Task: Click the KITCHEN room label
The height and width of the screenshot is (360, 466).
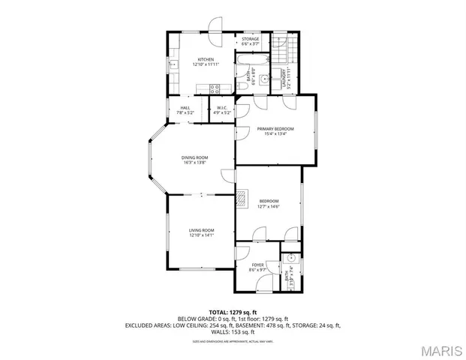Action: point(206,59)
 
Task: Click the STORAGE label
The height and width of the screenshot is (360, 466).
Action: point(250,39)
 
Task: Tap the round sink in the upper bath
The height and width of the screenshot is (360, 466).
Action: point(264,79)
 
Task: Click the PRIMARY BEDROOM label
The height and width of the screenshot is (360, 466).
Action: point(275,129)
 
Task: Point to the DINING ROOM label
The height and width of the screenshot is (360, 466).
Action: point(194,157)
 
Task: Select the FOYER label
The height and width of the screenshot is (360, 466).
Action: point(257,265)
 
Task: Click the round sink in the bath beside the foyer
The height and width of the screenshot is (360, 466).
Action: point(292,257)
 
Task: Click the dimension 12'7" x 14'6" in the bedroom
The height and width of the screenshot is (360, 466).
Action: point(269,206)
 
